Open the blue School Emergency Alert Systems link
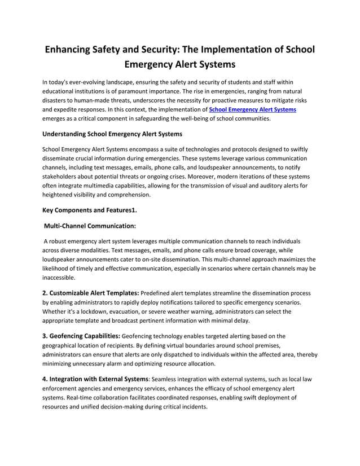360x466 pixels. click(x=252, y=109)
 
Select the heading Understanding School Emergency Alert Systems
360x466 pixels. click(x=112, y=134)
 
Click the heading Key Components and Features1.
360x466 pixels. click(x=90, y=210)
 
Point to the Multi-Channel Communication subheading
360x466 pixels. click(x=90, y=226)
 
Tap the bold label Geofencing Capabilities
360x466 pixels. click(x=81, y=336)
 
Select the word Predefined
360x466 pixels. click(x=159, y=293)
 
